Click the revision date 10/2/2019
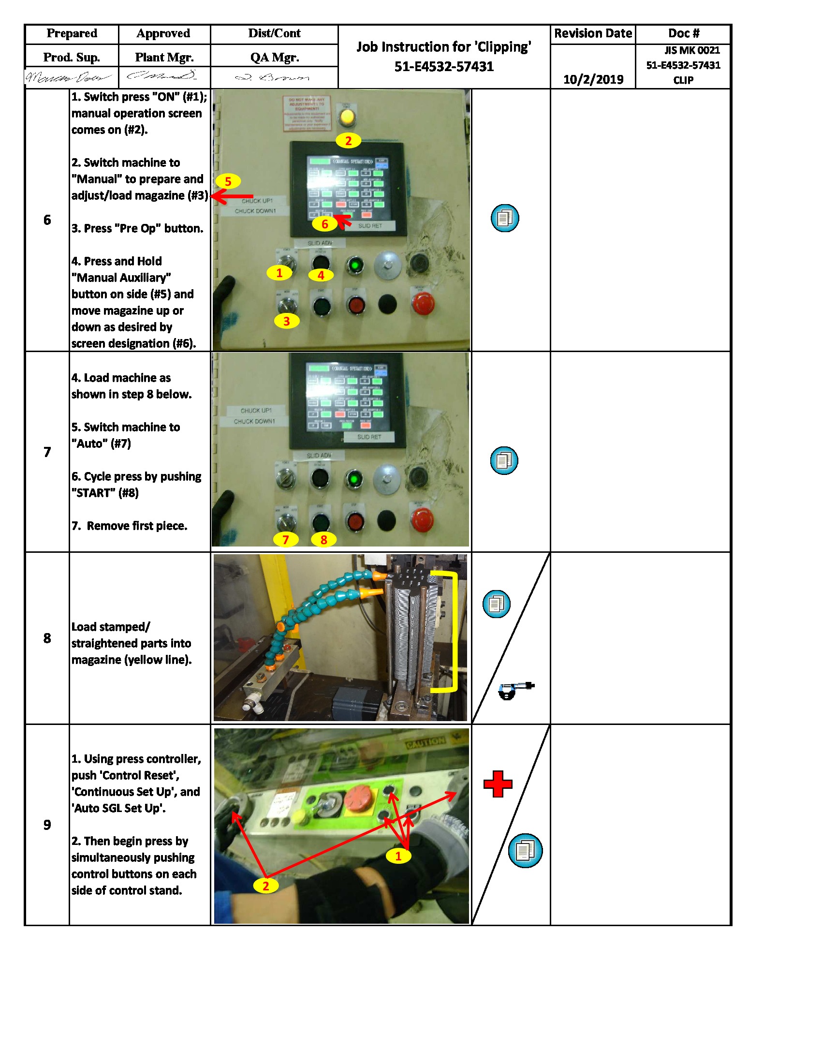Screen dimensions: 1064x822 tap(593, 79)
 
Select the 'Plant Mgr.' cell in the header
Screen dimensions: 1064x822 tap(164, 57)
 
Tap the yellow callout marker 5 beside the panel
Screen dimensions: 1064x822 tap(227, 181)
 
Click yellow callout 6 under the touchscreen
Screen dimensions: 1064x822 tap(324, 224)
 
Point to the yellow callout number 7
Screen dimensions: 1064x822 tap(285, 539)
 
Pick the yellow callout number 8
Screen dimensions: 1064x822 tap(323, 539)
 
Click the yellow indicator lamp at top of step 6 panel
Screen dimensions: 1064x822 tap(347, 117)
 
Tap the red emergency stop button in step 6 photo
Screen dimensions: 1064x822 tap(422, 303)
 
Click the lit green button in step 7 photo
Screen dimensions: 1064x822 tap(354, 479)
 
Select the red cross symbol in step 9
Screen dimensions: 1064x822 tap(498, 784)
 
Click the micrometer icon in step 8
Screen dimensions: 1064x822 tap(515, 689)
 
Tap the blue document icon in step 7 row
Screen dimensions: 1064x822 tap(504, 460)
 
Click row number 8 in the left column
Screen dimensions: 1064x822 tap(47, 638)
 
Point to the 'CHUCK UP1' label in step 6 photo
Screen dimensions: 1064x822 tap(257, 201)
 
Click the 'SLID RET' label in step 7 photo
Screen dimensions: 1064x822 tap(369, 437)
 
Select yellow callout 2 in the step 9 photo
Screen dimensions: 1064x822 tap(266, 886)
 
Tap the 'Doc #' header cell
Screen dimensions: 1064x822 tap(683, 34)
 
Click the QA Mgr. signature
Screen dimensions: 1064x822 tap(274, 77)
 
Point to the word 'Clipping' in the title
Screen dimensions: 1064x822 tap(503, 47)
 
